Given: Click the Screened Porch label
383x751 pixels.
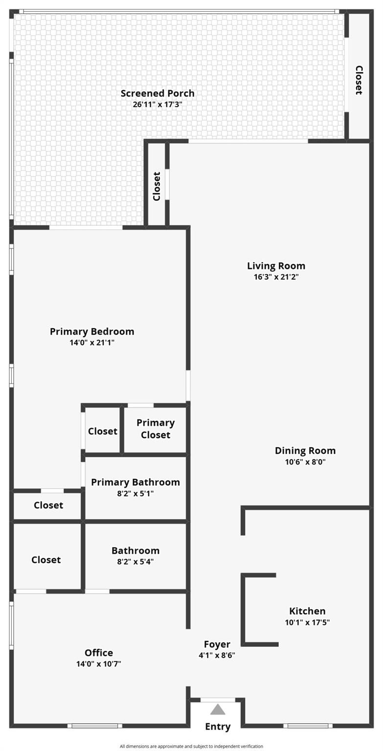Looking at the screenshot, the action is (158, 93).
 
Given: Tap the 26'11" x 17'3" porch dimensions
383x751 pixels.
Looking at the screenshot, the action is (158, 104).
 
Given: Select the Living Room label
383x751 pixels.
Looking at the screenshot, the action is (276, 266).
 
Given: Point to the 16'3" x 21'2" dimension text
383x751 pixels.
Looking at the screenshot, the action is (276, 277).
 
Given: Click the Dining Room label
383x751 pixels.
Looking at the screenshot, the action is (305, 451).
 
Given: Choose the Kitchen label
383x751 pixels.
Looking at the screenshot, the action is (307, 611).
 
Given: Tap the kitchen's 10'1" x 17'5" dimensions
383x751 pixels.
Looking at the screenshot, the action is (307, 622).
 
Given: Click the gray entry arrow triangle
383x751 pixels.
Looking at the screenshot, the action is (218, 710).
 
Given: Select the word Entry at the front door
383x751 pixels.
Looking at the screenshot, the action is (218, 727).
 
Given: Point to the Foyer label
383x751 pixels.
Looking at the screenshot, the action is (217, 644).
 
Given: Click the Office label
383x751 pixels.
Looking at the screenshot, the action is (99, 652).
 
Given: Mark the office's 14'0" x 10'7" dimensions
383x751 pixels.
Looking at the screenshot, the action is (99, 664).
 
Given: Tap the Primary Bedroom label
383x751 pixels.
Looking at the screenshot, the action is (92, 331).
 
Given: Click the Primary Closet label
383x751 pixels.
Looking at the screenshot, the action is (156, 429).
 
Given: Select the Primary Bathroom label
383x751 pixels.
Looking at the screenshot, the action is (135, 482).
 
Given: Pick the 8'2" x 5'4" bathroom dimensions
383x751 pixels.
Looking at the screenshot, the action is (135, 562).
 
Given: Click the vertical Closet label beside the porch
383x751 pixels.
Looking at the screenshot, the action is (359, 80).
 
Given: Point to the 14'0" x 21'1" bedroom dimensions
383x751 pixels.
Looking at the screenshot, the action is (92, 343).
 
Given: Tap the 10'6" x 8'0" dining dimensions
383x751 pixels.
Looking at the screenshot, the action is (305, 462).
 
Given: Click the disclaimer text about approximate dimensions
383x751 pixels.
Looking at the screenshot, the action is (192, 746).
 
